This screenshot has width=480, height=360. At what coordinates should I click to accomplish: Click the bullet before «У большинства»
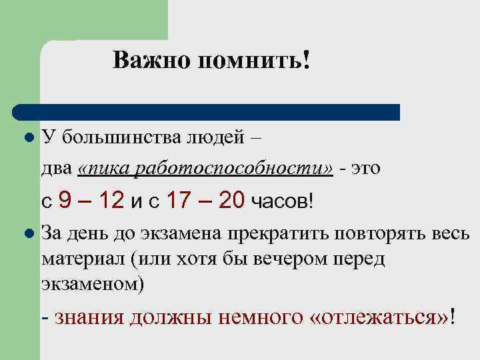click(x=28, y=138)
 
